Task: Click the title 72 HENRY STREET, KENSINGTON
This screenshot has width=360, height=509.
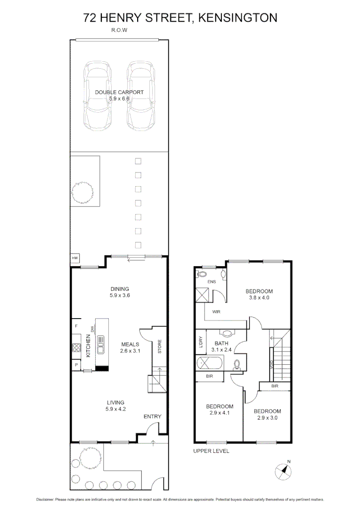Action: [180, 18]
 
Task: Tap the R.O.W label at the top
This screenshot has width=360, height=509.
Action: [120, 30]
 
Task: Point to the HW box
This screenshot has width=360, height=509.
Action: [74, 258]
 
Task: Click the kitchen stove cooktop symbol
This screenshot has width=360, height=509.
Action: [76, 348]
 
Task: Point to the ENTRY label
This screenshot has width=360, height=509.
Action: [153, 416]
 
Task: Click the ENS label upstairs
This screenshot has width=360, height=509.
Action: [212, 282]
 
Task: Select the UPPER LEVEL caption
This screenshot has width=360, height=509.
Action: [211, 451]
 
